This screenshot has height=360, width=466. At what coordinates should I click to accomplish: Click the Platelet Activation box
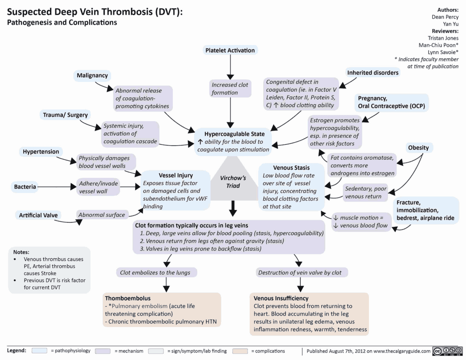(x=230, y=50)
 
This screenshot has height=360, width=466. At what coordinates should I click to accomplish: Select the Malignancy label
(x=92, y=75)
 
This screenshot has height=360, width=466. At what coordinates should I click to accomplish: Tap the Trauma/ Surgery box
(x=65, y=115)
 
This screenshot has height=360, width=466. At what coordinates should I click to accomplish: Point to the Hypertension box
(x=41, y=151)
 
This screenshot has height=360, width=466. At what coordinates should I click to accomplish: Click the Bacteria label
(x=25, y=187)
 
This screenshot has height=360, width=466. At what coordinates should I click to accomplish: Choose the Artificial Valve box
(x=38, y=215)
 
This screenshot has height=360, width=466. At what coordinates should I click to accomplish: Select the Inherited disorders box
(x=372, y=73)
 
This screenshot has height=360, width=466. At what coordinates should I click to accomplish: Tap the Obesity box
(x=418, y=148)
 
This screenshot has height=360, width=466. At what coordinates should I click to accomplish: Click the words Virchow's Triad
(x=233, y=182)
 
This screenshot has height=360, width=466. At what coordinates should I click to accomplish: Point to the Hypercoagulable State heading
(x=235, y=134)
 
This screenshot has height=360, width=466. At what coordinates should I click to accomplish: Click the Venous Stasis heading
(x=291, y=168)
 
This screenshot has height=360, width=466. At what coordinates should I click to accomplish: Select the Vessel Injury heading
(x=176, y=176)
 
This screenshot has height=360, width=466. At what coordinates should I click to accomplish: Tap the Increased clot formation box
(x=230, y=89)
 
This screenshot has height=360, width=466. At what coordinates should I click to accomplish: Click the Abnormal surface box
(x=102, y=215)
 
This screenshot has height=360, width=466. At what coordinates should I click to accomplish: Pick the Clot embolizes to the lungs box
(x=155, y=273)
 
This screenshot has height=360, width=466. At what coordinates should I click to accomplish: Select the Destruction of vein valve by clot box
(x=300, y=273)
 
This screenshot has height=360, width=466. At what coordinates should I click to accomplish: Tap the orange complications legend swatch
(x=240, y=351)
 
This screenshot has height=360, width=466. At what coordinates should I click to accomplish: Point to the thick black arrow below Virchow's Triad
(x=233, y=208)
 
